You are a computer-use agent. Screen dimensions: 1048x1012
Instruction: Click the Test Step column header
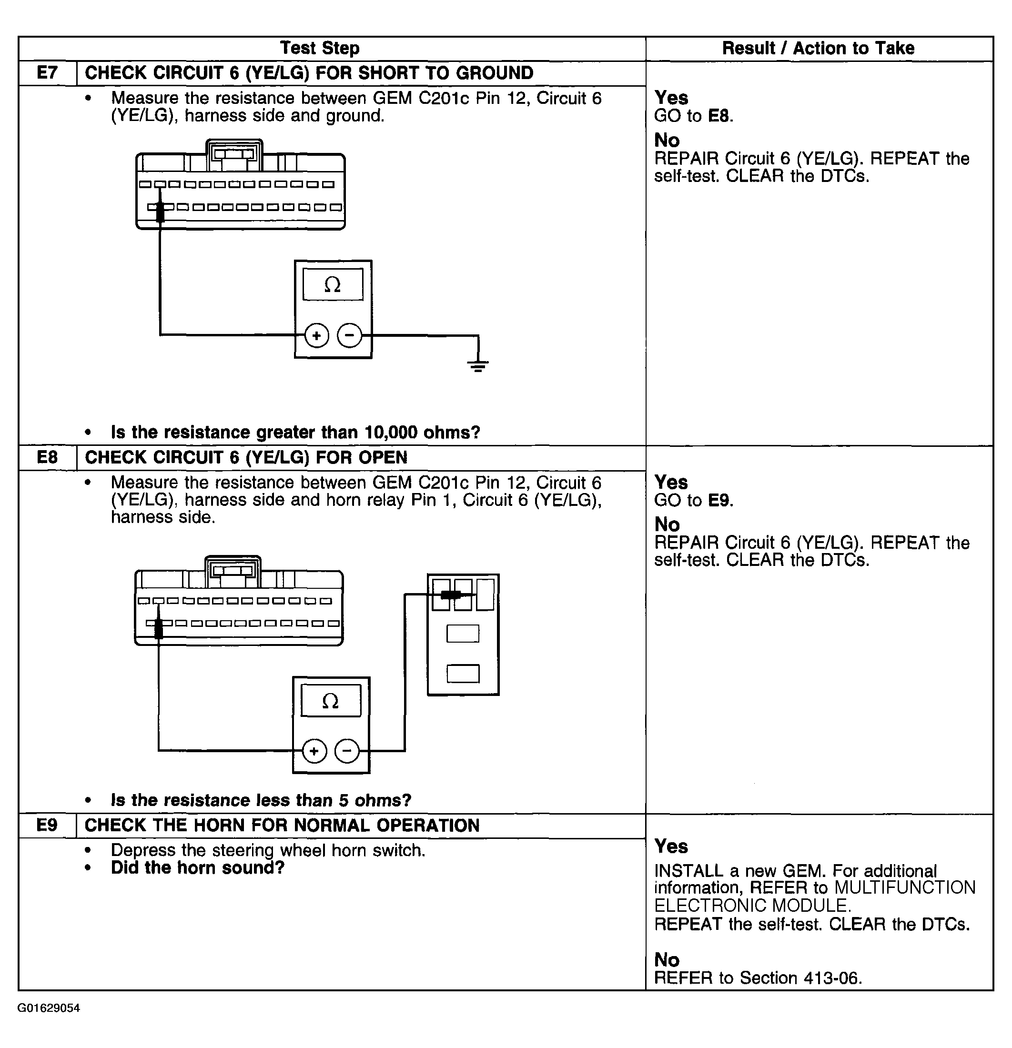(320, 48)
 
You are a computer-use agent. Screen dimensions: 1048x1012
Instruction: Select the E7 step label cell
(47, 73)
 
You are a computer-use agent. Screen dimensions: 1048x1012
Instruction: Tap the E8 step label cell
(47, 457)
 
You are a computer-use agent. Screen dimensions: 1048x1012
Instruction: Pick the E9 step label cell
(47, 825)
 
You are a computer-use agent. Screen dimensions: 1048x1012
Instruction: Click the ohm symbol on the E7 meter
(332, 284)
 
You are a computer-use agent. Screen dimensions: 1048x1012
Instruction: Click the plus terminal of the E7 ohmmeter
(317, 335)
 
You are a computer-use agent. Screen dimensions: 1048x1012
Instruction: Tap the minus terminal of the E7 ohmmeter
(350, 335)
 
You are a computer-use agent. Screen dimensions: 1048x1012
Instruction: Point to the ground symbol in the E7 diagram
(478, 366)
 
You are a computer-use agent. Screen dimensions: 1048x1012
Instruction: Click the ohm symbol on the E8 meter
(330, 701)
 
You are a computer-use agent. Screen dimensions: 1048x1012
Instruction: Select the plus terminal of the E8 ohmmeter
(314, 751)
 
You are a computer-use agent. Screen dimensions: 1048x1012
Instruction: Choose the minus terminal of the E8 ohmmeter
(347, 751)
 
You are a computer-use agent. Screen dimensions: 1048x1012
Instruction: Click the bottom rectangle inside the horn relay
(463, 673)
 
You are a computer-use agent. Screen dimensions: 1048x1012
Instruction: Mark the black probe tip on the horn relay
(451, 594)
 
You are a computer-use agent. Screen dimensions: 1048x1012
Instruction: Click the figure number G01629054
(49, 1008)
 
